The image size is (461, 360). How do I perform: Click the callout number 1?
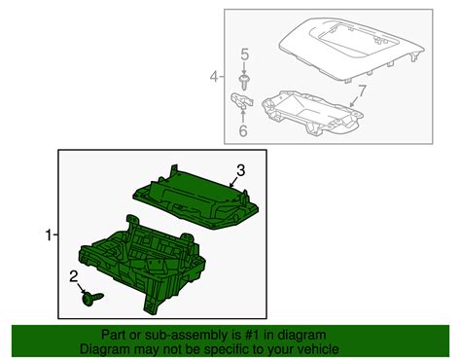click(49, 235)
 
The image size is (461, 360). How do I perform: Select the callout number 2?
click(74, 277)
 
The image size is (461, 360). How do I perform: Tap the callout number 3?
click(240, 170)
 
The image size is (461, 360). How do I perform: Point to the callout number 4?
click(214, 77)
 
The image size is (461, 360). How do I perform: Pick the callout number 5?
click(245, 54)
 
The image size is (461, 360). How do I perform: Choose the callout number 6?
click(243, 130)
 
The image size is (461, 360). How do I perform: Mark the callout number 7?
click(362, 90)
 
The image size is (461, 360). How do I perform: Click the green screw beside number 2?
click(92, 298)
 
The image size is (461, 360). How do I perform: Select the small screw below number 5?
click(244, 83)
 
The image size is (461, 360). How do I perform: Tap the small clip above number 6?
click(241, 101)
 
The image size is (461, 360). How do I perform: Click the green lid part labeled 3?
click(196, 198)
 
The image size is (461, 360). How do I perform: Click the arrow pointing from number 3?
click(234, 182)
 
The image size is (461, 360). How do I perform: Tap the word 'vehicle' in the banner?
click(319, 349)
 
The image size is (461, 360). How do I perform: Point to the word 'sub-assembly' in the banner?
click(182, 336)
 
